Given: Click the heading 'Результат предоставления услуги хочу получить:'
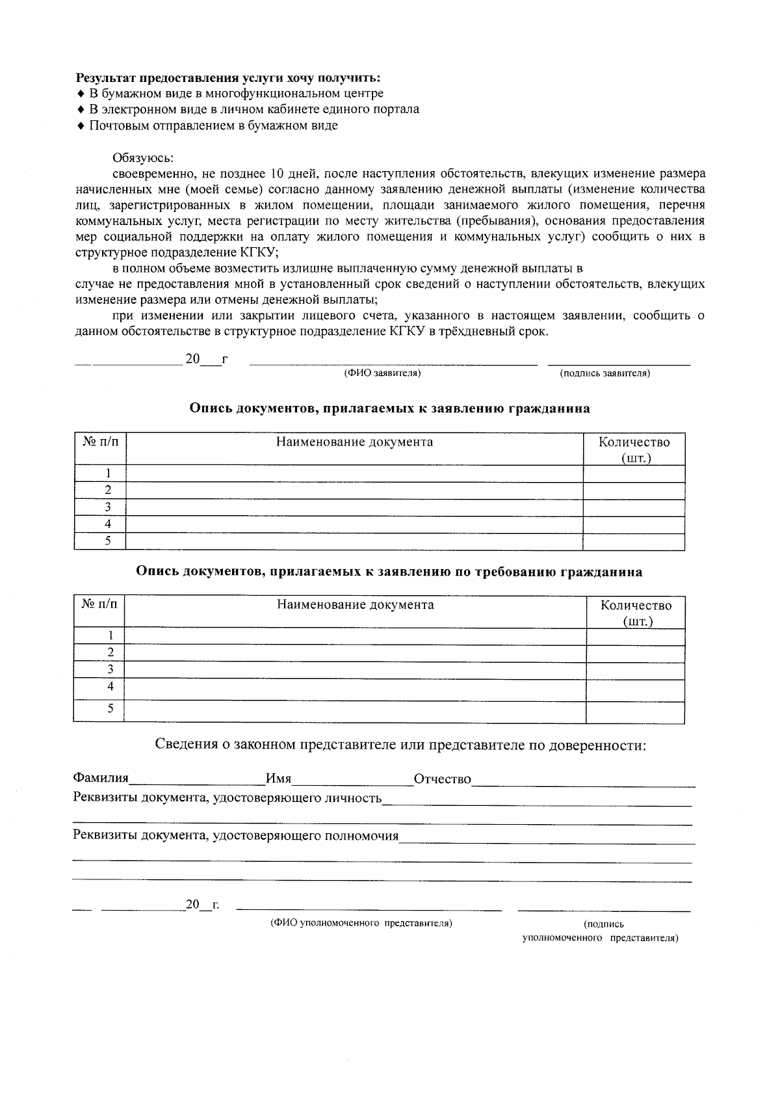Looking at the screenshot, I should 228,78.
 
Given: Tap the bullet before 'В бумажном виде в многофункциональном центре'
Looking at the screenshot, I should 81,94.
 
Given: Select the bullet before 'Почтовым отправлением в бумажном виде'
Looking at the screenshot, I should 81,126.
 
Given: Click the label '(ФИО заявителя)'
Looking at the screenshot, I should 382,373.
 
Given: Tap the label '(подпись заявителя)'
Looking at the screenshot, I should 604,373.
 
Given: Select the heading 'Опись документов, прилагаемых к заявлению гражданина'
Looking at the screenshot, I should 390,408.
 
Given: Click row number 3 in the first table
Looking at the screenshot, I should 108,507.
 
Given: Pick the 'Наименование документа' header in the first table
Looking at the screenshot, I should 354,442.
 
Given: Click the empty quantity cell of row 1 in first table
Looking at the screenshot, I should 634,474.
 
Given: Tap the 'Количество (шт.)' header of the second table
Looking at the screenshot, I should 636,613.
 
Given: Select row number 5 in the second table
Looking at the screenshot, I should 110,708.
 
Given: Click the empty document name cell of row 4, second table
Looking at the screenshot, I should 354,688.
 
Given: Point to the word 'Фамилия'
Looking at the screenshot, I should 101,779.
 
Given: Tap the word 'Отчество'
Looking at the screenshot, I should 443,779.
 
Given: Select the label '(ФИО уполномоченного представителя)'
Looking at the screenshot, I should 361,923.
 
